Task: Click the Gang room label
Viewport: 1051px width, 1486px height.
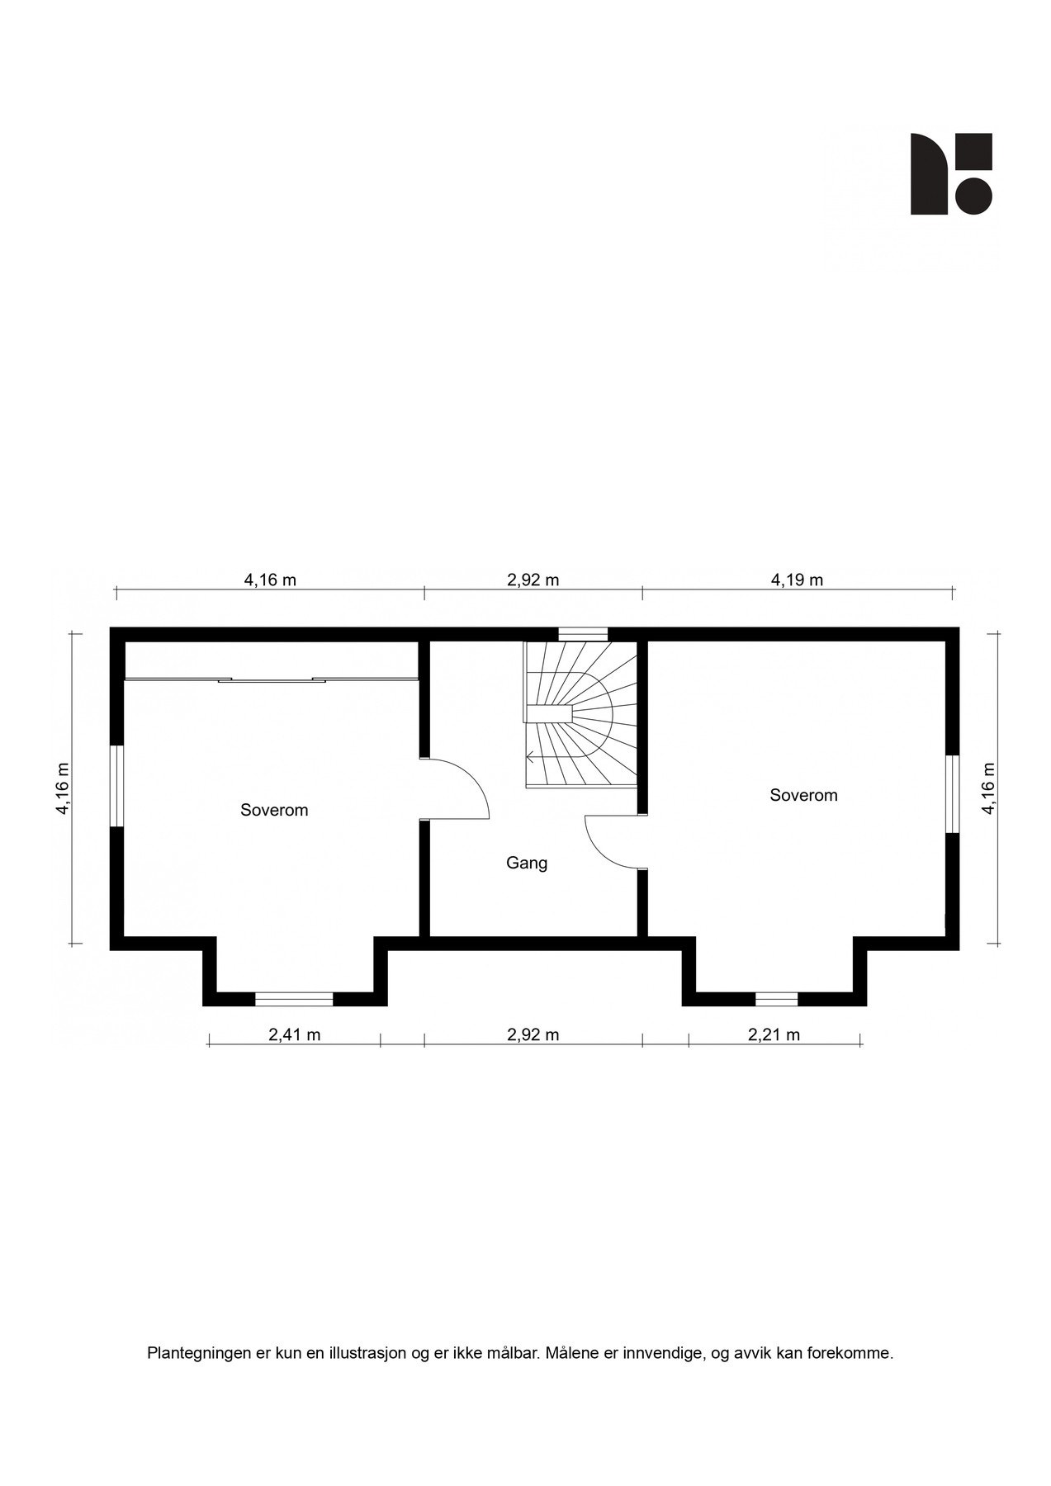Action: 527,864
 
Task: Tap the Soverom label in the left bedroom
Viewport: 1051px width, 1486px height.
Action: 274,810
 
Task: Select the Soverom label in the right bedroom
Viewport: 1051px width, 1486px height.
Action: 803,795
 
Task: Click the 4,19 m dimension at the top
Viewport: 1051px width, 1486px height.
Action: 797,580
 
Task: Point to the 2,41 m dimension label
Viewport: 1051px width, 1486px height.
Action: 294,1034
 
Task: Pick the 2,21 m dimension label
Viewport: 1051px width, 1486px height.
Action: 774,1034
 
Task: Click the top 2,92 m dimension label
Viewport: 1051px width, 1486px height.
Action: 533,580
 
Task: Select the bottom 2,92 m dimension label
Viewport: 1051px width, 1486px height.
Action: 533,1034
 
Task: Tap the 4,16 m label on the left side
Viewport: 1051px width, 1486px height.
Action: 62,788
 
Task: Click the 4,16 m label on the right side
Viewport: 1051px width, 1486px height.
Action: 988,788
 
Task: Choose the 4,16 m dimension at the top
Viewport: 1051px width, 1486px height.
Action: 270,580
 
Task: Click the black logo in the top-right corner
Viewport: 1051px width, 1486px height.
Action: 951,174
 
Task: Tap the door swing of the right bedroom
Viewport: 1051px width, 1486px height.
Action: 611,842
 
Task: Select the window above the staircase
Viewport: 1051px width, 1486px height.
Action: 583,634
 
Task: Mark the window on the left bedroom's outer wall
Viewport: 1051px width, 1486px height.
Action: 117,785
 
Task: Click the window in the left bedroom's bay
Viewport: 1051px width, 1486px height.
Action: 294,999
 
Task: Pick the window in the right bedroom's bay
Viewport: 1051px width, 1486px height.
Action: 776,999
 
